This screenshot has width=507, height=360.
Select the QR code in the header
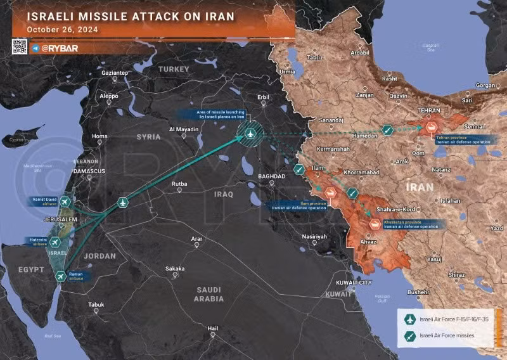point(20,46)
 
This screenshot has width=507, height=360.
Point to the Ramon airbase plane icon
point(60,276)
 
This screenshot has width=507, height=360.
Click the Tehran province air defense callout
point(461,140)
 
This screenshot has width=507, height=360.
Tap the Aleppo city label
point(109,96)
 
